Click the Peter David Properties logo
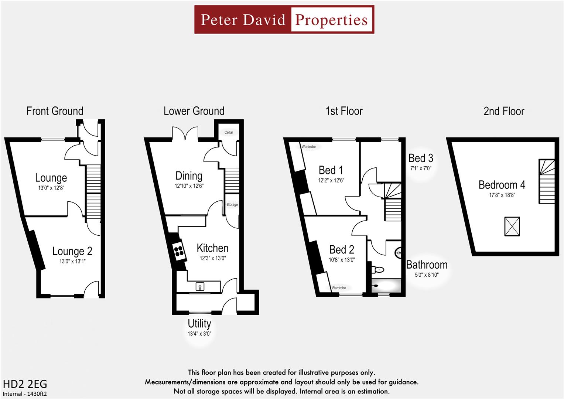284,20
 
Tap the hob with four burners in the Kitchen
179,251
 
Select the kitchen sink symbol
200,286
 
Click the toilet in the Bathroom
378,269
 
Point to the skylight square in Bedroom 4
512,226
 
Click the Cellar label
229,132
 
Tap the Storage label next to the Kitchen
232,204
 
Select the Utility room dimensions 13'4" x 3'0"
199,334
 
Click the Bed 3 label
421,158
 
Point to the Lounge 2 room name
72,251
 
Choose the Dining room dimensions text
189,186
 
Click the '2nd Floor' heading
504,111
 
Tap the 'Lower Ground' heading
194,111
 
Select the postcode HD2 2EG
25,384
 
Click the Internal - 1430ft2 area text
25,394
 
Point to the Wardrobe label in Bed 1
308,147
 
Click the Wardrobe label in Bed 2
339,288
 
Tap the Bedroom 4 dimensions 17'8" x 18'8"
502,195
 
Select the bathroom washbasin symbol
399,253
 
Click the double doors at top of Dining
185,134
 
